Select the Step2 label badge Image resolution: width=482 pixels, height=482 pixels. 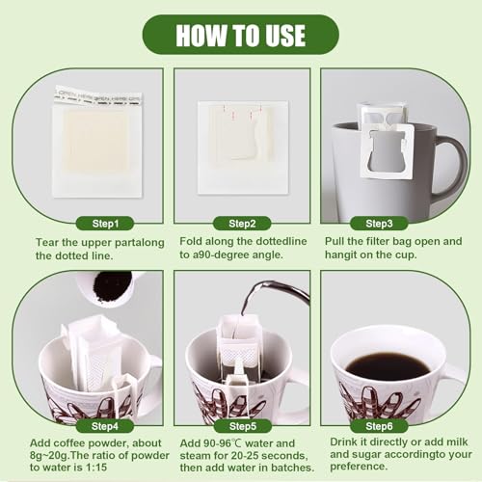241,223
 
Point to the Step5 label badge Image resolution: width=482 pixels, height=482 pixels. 241,425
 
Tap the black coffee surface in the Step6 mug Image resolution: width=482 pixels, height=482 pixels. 387,365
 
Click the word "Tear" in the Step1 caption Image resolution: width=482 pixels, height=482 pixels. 49,241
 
